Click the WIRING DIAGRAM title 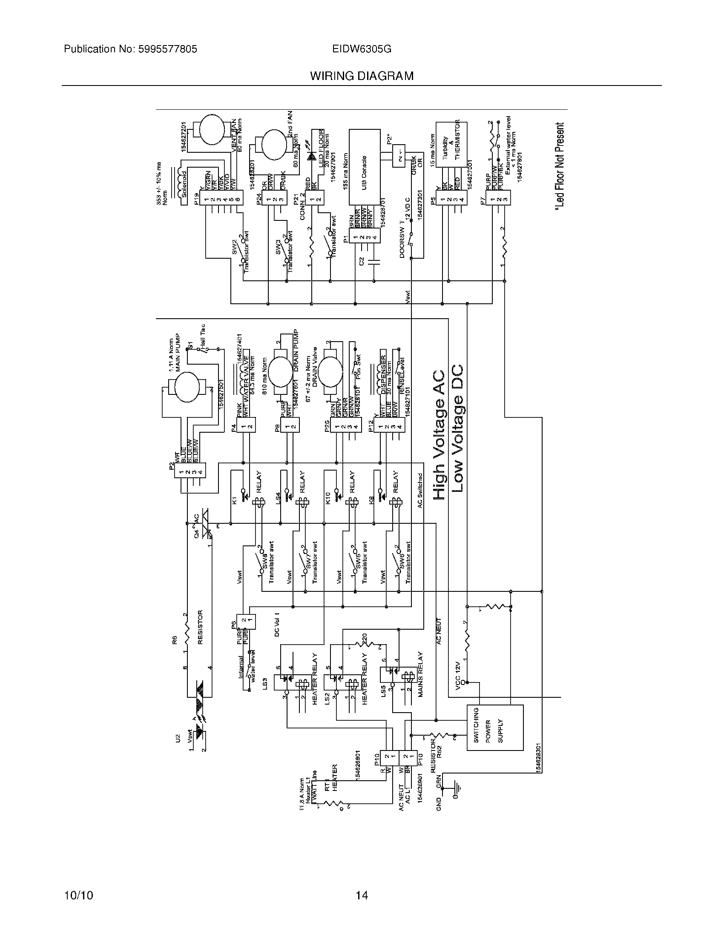[362, 76]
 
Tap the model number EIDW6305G [362, 49]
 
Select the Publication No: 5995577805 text [130, 49]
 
